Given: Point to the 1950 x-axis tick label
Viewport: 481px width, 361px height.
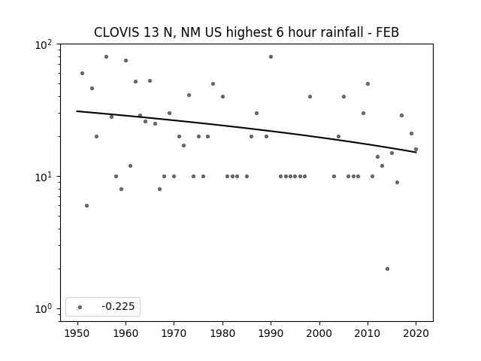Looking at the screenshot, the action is click(77, 333).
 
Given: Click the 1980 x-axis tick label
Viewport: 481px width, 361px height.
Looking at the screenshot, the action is click(222, 333).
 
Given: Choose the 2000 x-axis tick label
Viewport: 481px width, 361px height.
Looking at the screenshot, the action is click(319, 333).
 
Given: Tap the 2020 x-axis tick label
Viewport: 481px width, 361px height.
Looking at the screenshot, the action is click(416, 333).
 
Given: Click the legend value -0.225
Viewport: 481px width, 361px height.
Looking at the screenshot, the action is click(118, 306).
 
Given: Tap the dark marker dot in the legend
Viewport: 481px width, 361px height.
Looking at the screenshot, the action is click(80, 307).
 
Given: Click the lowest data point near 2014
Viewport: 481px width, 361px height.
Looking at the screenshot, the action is click(387, 269).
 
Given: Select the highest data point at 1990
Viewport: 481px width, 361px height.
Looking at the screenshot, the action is click(271, 57).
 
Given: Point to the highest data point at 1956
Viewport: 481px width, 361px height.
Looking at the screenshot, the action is click(106, 57).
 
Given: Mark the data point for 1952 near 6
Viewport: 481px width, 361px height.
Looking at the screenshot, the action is click(87, 205).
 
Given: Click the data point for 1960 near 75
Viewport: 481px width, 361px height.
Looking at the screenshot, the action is click(126, 60).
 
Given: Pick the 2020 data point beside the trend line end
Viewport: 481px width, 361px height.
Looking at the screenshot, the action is click(416, 150).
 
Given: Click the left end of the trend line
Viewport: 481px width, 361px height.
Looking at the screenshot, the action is click(77, 111).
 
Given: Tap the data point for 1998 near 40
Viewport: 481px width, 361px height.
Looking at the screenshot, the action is click(310, 97).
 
